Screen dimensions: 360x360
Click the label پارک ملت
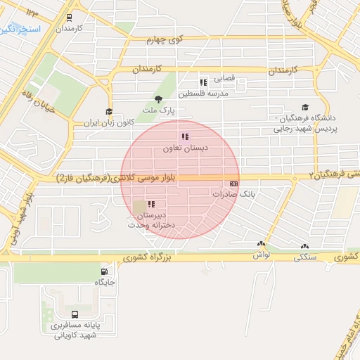tap(157, 110)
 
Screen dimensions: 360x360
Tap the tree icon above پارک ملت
tap(157, 99)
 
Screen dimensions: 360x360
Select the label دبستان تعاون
tap(183, 148)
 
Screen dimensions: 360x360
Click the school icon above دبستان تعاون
tap(184, 137)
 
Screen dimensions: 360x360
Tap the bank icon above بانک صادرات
tap(233, 184)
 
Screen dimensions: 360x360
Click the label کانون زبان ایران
tap(108, 123)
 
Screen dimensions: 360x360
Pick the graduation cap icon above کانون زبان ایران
tap(108, 111)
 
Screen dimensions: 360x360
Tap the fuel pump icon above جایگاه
tap(105, 271)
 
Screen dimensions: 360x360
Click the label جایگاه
tap(105, 283)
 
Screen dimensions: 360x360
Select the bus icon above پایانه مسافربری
tap(75, 314)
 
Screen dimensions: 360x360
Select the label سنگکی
tap(304, 258)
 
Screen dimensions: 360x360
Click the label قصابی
tap(226, 79)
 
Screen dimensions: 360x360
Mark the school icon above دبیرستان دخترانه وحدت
tap(151, 205)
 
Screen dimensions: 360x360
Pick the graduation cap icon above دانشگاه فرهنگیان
tap(305, 107)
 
